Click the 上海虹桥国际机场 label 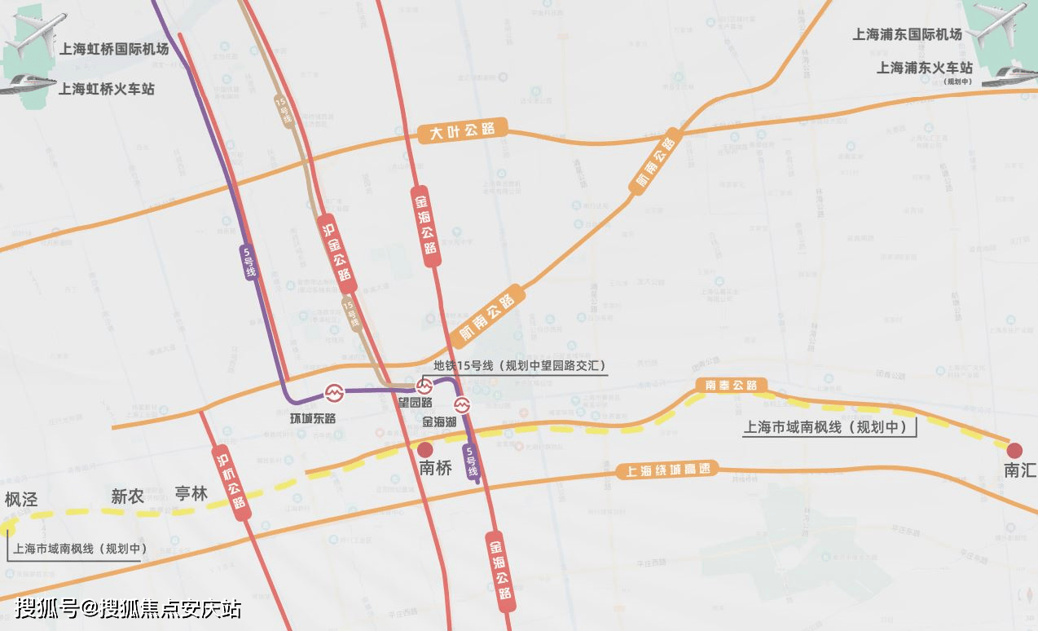click(113, 49)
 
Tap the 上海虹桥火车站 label click(106, 88)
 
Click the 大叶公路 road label click(462, 130)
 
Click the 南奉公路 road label click(732, 385)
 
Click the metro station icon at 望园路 click(424, 386)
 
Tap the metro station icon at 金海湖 click(462, 404)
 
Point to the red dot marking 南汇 click(1014, 450)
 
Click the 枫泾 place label click(21, 499)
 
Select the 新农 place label click(127, 496)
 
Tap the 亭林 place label click(191, 493)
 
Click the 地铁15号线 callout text click(519, 366)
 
